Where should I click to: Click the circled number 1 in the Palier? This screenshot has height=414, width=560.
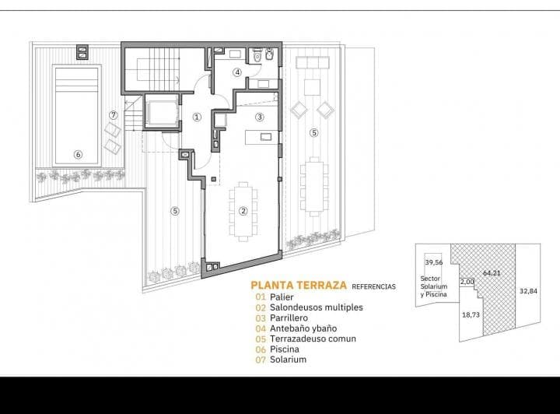pyautogui.click(x=197, y=118)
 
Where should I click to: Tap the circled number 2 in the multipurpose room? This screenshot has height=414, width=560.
pyautogui.click(x=243, y=210)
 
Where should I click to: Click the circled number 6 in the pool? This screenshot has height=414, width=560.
pyautogui.click(x=78, y=154)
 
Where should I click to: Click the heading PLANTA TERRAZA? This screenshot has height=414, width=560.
pyautogui.click(x=296, y=286)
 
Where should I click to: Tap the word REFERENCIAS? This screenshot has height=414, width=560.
pyautogui.click(x=374, y=286)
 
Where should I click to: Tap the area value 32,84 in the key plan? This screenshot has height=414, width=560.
pyautogui.click(x=528, y=291)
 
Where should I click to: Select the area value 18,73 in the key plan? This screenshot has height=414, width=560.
pyautogui.click(x=471, y=314)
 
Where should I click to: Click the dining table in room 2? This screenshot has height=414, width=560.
pyautogui.click(x=243, y=209)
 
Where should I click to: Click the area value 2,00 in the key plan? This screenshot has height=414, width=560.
pyautogui.click(x=467, y=282)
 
